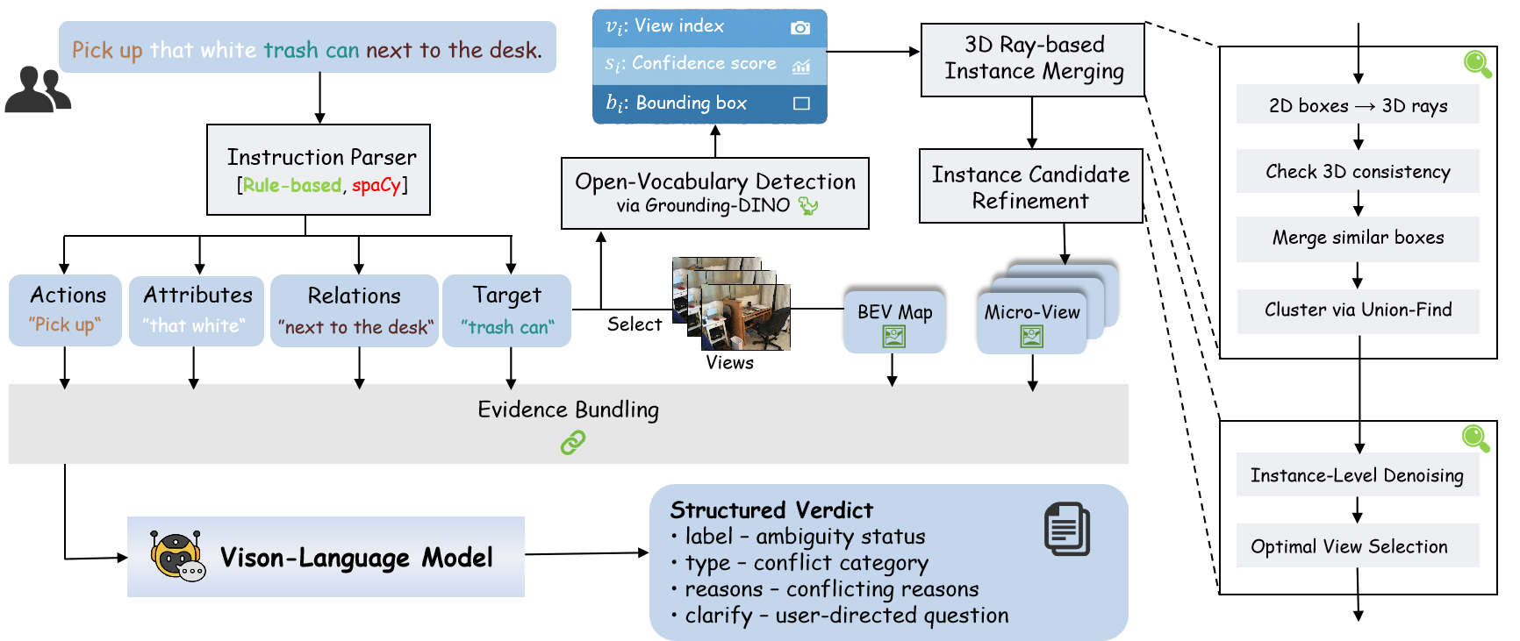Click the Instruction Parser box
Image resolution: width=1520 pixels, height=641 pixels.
pyautogui.click(x=318, y=169)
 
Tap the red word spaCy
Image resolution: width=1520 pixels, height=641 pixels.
pyautogui.click(x=376, y=186)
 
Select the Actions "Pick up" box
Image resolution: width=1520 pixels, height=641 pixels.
pyautogui.click(x=65, y=310)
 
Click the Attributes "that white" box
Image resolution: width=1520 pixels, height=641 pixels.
pyautogui.click(x=197, y=310)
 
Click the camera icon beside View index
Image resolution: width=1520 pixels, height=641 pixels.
pyautogui.click(x=799, y=28)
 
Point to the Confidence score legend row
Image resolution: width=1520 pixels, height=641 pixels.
pyautogui.click(x=709, y=65)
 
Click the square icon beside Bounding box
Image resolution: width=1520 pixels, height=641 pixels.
pyautogui.click(x=800, y=103)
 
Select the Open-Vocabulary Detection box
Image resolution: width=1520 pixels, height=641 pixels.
pyautogui.click(x=714, y=193)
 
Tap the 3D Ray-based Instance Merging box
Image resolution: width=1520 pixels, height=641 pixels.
pyautogui.click(x=1032, y=60)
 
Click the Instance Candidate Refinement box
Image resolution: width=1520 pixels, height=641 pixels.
pyautogui.click(x=1030, y=186)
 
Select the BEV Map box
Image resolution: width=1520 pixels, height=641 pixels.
pyautogui.click(x=894, y=322)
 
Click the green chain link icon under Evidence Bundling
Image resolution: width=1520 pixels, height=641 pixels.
pyautogui.click(x=572, y=443)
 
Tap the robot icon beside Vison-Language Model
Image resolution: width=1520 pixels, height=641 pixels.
pyautogui.click(x=176, y=556)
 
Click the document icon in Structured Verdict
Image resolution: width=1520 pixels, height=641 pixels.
pyautogui.click(x=1066, y=529)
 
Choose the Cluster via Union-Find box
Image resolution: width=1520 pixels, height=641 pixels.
pyautogui.click(x=1358, y=311)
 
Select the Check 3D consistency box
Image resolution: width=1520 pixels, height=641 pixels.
pyautogui.click(x=1358, y=172)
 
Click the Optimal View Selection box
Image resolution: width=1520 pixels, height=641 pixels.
pyautogui.click(x=1358, y=546)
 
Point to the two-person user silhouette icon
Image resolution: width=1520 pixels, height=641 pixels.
pyautogui.click(x=37, y=89)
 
